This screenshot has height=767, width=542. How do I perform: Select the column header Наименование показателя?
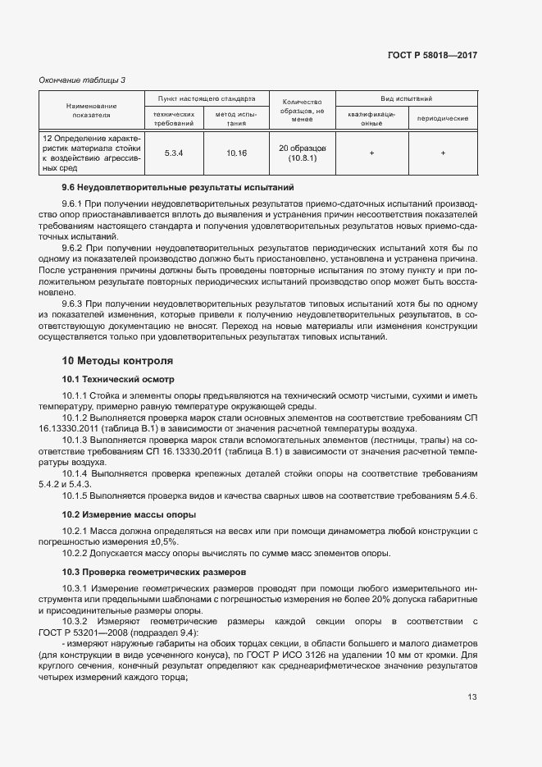[91, 111]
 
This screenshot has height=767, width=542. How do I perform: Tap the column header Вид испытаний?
[406, 98]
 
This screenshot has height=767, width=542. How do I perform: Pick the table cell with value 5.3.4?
[173, 153]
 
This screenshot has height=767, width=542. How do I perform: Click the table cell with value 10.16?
[236, 153]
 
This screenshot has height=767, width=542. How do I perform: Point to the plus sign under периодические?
[443, 153]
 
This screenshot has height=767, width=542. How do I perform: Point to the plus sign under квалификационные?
[371, 153]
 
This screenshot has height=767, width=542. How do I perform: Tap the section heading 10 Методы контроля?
[117, 360]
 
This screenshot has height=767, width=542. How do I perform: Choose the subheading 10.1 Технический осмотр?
[119, 379]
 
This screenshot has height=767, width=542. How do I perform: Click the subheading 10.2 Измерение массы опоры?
[130, 514]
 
